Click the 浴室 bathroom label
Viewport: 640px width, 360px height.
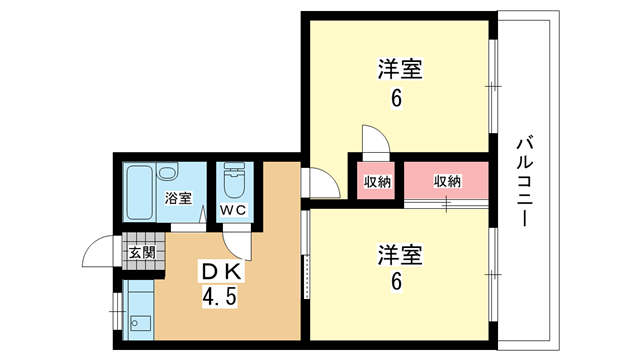pos(178,198)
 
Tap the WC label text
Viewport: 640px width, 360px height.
pos(233,210)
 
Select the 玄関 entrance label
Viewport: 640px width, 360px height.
pos(142,253)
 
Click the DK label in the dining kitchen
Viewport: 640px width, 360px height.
pos(222,271)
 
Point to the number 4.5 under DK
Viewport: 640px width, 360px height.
pos(220,297)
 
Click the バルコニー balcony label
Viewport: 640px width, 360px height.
pos(525,181)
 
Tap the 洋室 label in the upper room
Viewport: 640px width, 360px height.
pos(400,69)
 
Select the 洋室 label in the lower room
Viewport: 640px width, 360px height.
pos(400,255)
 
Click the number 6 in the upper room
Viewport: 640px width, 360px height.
pos(396,98)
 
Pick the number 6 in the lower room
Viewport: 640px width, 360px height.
pos(396,282)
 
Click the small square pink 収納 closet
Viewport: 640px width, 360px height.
pos(376,180)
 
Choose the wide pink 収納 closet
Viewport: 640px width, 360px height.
pos(446,180)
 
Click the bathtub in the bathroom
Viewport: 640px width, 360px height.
pos(140,192)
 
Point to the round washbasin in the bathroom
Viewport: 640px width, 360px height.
pos(167,171)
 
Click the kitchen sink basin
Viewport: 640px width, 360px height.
pos(140,324)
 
